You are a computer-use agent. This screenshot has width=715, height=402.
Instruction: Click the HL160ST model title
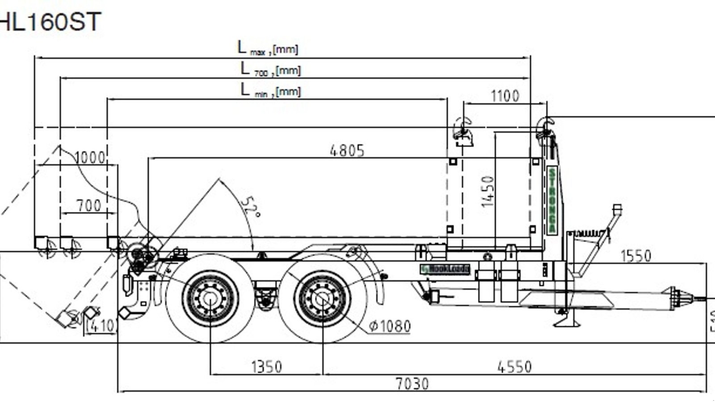tap(50, 21)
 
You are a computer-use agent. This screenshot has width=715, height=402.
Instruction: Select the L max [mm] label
tap(268, 48)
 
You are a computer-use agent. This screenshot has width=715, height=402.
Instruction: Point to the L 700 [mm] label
tap(270, 69)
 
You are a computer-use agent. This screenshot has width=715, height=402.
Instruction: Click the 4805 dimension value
tap(347, 151)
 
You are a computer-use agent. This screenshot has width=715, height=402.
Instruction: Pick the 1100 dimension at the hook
tap(505, 96)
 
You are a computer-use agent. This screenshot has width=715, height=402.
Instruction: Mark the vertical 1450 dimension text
tap(488, 191)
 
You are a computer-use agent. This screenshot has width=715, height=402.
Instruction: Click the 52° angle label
tap(251, 207)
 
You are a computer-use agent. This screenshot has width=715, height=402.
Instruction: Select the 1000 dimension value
tap(90, 158)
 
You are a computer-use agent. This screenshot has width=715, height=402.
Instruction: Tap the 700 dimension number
tap(88, 205)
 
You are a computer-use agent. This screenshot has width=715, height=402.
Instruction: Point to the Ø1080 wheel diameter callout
tap(390, 327)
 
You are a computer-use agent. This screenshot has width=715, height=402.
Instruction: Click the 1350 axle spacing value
tap(267, 367)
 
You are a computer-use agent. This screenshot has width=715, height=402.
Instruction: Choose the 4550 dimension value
tap(514, 367)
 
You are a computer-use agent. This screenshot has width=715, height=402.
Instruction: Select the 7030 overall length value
tap(412, 384)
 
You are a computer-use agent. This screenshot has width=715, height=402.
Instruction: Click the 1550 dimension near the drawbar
tap(636, 256)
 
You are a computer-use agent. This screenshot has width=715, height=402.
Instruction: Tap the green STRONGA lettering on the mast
tap(552, 200)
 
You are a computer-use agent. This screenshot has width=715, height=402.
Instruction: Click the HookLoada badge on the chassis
tap(445, 269)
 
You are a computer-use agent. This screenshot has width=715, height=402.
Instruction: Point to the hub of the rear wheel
tap(210, 298)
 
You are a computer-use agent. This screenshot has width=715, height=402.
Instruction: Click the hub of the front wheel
tap(322, 298)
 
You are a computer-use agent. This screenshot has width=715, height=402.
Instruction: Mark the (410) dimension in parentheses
tap(101, 326)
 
